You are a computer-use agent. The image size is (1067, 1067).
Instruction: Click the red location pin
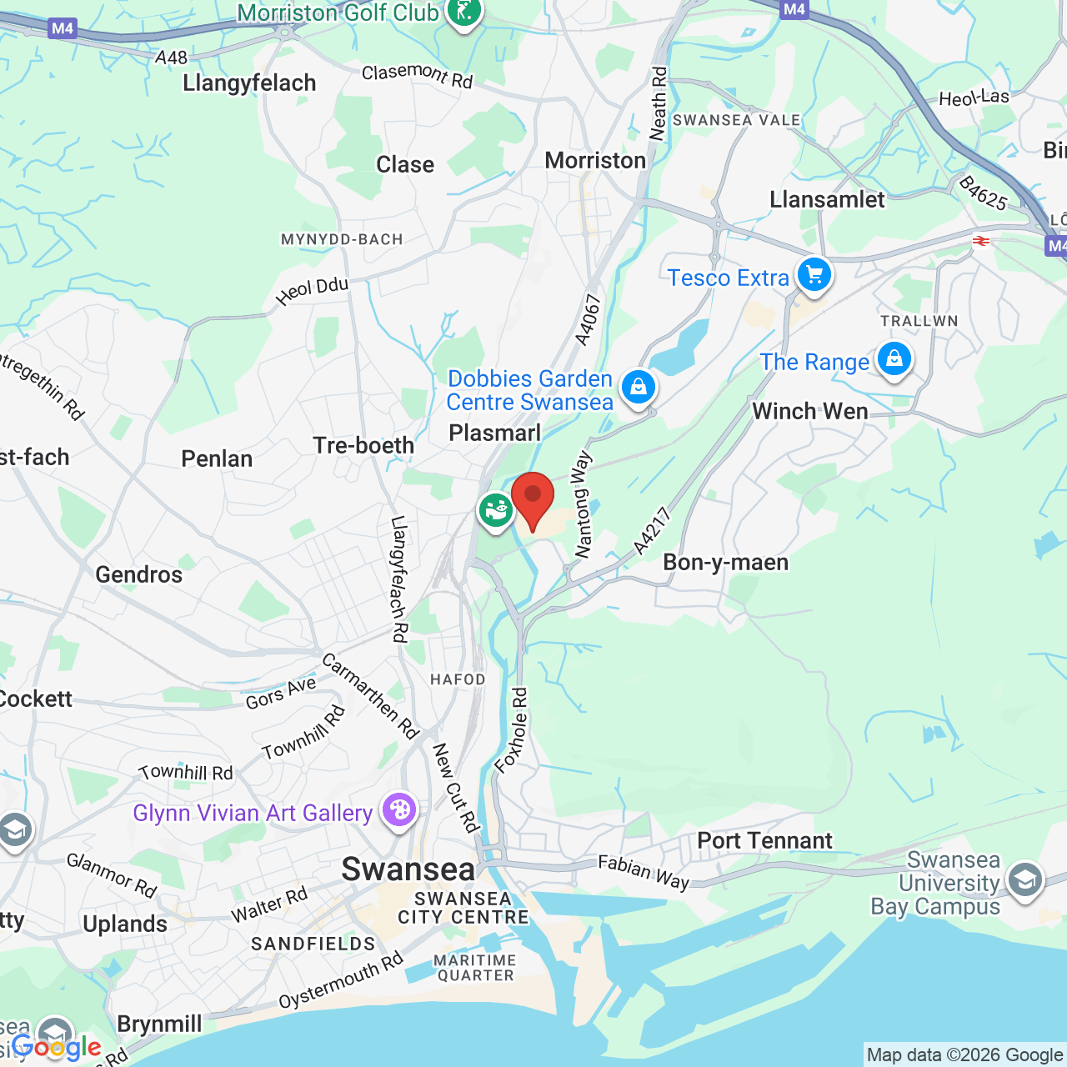tap(533, 498)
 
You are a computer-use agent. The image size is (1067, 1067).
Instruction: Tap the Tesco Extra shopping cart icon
tap(814, 274)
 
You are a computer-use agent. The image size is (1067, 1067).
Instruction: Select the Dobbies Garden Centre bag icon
tap(639, 387)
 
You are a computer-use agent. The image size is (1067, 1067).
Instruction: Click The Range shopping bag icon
tap(894, 359)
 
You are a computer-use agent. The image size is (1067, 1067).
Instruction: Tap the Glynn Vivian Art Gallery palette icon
tap(399, 809)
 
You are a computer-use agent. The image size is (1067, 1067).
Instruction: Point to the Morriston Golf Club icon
tap(463, 12)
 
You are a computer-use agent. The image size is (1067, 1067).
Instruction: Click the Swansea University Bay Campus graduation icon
tap(1024, 879)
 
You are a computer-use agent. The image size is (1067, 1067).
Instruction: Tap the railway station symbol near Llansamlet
tap(980, 241)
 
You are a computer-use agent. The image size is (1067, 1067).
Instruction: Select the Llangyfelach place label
tap(249, 83)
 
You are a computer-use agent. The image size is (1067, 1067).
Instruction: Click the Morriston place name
tap(595, 160)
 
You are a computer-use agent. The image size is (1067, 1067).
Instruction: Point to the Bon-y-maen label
tap(725, 563)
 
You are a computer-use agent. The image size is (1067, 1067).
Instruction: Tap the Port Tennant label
tap(764, 840)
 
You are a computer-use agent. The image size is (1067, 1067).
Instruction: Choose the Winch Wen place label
tap(809, 411)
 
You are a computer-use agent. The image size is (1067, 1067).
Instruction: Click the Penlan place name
tap(217, 458)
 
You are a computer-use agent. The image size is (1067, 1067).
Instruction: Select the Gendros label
tap(138, 574)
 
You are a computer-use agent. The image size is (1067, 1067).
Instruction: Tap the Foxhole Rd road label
tap(511, 730)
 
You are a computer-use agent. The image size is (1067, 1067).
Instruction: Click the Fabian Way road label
tap(644, 873)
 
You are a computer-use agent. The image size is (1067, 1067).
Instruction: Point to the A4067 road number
tap(588, 319)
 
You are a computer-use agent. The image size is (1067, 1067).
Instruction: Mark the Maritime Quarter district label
tap(476, 968)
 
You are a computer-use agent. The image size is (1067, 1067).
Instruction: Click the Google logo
tap(57, 1047)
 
